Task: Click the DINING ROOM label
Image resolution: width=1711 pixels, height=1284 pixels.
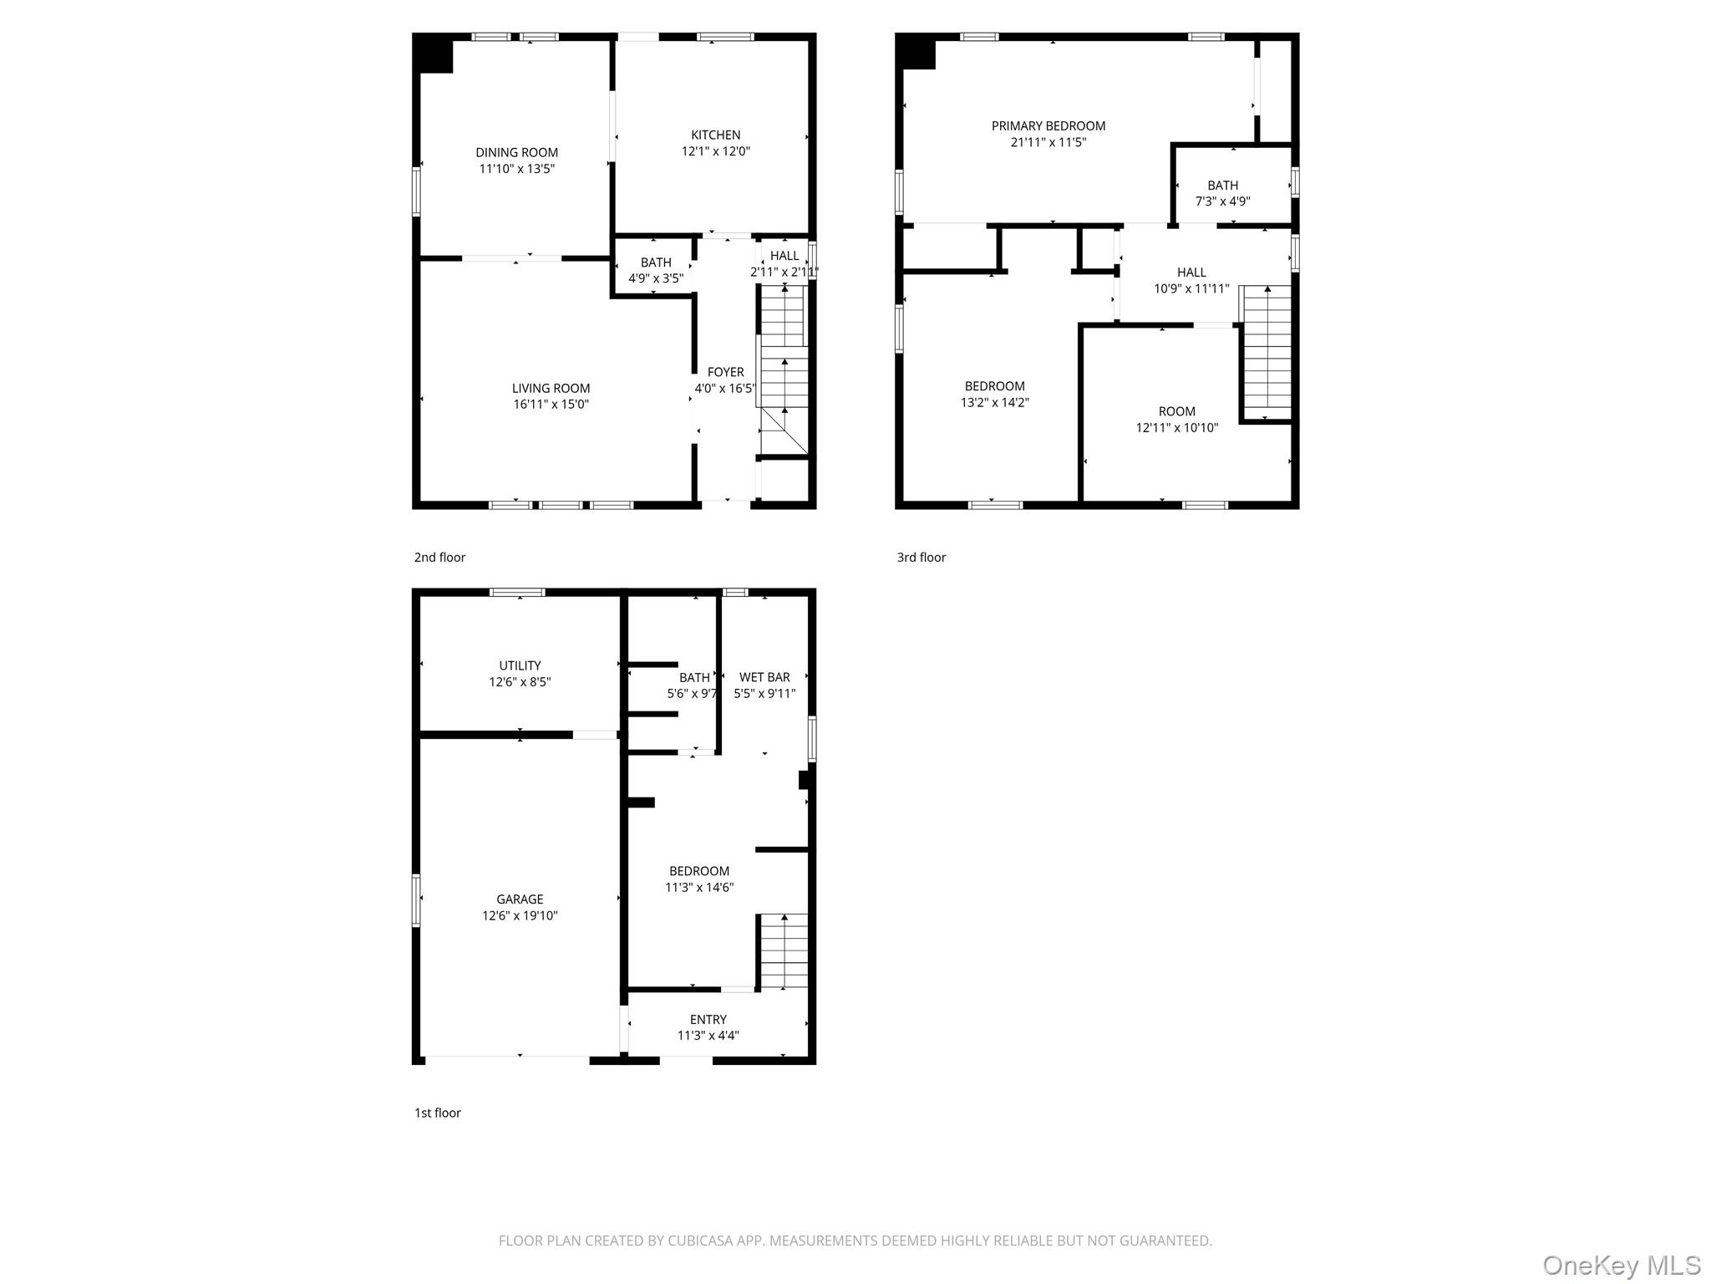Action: click(x=516, y=152)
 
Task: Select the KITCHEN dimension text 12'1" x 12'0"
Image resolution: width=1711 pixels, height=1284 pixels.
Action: click(x=715, y=151)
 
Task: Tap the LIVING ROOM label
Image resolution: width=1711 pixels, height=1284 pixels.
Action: click(x=551, y=388)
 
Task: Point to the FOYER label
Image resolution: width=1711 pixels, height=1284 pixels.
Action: click(x=725, y=372)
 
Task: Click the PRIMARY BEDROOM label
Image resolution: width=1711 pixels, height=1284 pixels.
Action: click(x=1048, y=126)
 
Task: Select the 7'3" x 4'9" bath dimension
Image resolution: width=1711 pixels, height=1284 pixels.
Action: click(x=1222, y=201)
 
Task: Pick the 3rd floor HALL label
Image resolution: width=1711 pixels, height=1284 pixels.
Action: click(x=1191, y=273)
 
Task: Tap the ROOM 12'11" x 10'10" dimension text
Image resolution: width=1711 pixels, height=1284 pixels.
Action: click(x=1176, y=428)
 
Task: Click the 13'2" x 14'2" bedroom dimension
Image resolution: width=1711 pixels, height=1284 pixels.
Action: click(x=994, y=402)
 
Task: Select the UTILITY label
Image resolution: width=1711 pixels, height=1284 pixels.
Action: click(x=520, y=666)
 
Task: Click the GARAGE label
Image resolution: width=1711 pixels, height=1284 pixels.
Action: click(x=520, y=899)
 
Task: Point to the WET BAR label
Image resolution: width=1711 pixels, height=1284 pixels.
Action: click(x=764, y=677)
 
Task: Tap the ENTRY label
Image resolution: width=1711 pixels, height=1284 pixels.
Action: click(x=708, y=1020)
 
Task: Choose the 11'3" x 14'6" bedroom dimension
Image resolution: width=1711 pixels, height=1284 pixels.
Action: click(x=698, y=888)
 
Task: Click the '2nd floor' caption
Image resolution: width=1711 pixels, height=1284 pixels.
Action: click(x=439, y=558)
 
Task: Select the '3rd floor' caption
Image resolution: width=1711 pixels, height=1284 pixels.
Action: click(x=921, y=558)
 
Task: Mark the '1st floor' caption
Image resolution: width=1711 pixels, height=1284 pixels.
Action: click(x=437, y=1113)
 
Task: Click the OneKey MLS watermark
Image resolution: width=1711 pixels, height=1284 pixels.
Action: click(x=1621, y=1266)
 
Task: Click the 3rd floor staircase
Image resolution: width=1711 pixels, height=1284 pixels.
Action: click(x=1267, y=351)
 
